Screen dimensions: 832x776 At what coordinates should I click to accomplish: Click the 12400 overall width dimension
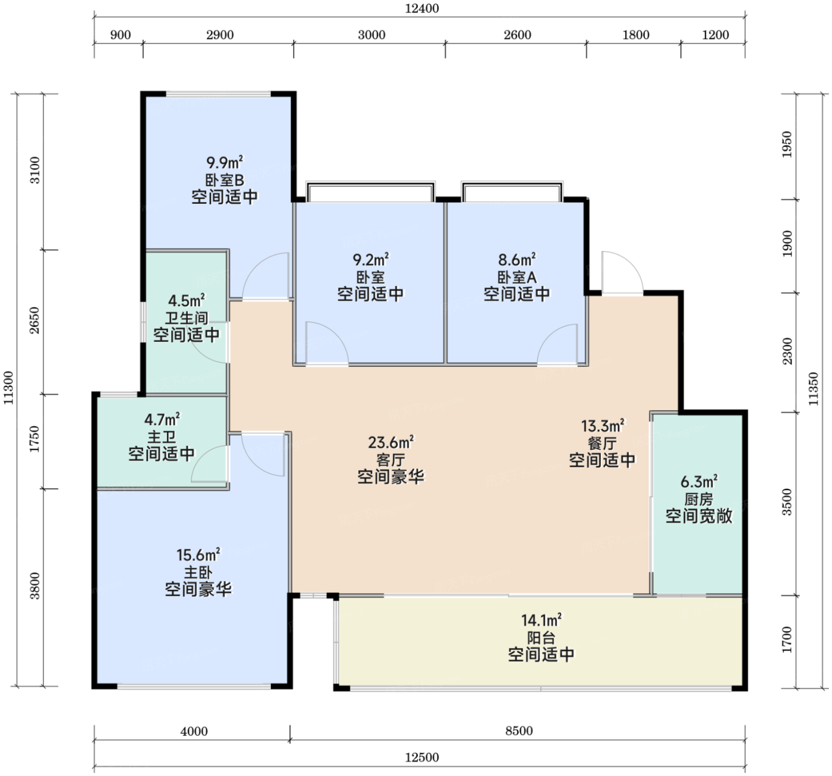tap(422, 8)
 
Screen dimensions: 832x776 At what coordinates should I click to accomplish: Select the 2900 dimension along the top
tap(220, 35)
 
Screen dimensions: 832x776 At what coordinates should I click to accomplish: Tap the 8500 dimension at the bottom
tap(519, 731)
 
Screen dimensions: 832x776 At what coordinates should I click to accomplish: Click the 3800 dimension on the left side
tap(35, 586)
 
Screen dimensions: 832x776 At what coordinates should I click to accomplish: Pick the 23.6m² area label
tap(391, 442)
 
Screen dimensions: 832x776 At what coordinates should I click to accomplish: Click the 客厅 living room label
tap(390, 460)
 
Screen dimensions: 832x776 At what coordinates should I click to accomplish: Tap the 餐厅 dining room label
tap(602, 443)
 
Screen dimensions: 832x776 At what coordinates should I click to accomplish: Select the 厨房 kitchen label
tap(699, 499)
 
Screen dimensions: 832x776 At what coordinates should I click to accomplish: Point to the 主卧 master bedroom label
tap(198, 573)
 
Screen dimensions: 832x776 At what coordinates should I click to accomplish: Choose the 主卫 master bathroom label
tap(162, 437)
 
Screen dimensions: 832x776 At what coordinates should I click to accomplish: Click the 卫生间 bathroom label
tap(187, 318)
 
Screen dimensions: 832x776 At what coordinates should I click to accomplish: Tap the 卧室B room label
tap(225, 180)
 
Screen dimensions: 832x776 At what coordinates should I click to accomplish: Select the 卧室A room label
tap(517, 277)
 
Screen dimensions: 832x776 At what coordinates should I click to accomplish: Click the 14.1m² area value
tap(541, 620)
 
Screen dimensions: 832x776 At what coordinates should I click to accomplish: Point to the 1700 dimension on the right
tap(787, 640)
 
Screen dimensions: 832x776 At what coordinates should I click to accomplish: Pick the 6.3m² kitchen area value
tap(699, 481)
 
